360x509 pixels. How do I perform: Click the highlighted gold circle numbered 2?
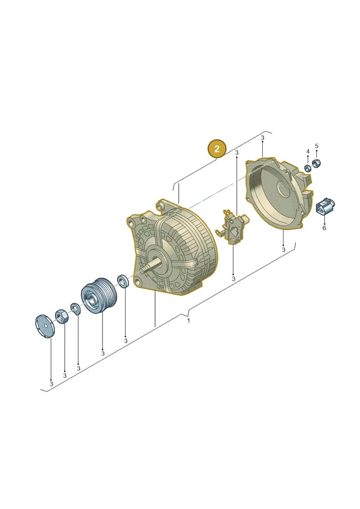tap(217, 149)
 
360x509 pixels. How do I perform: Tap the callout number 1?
tap(189, 320)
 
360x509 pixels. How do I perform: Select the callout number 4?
tap(308, 152)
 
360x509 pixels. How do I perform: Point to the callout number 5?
tap(316, 146)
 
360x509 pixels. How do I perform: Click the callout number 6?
tap(324, 228)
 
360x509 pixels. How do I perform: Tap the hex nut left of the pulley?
tap(61, 315)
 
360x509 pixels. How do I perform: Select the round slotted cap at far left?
tap(45, 327)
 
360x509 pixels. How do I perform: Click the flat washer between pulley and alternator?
tap(123, 281)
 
